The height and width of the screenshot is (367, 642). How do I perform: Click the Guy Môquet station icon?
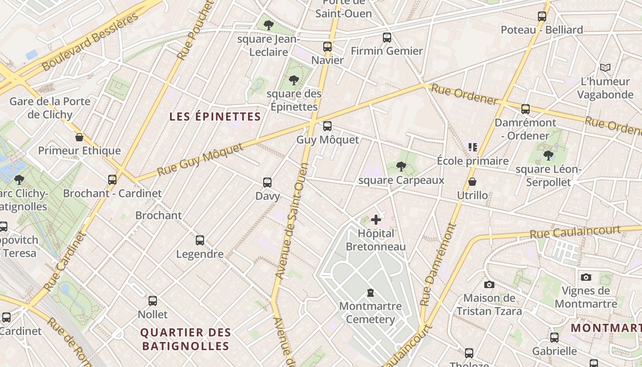coord(327,126)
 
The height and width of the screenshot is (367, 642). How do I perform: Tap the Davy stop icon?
coord(267,183)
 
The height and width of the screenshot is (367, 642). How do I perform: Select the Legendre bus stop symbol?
coord(200,240)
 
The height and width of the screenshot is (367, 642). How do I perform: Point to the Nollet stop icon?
coord(153,301)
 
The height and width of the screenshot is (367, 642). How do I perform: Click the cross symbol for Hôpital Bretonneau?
coord(376,220)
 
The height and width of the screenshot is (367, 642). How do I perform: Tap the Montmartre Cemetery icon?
coord(370,293)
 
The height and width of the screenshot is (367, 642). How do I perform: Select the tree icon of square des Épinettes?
coord(293,80)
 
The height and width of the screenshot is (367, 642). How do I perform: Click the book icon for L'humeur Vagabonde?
coord(605,68)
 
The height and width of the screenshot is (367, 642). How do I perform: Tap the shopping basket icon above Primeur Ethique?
coord(79,137)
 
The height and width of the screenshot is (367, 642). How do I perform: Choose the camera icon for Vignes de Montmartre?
coord(586,277)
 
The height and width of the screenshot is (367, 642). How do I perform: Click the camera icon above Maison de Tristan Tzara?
coord(489,284)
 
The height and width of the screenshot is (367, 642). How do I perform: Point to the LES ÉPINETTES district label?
coord(215,117)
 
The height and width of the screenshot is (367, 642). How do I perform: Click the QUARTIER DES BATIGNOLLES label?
coord(185,339)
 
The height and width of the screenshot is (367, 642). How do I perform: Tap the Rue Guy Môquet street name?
coord(200,160)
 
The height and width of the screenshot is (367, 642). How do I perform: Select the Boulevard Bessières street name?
coord(90,42)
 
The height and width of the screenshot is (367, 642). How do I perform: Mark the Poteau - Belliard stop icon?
coord(542,17)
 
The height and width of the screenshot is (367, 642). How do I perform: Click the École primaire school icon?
coord(473,147)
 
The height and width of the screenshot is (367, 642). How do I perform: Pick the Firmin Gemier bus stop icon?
coord(387,38)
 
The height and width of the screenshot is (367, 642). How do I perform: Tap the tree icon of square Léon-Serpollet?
coord(548,156)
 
